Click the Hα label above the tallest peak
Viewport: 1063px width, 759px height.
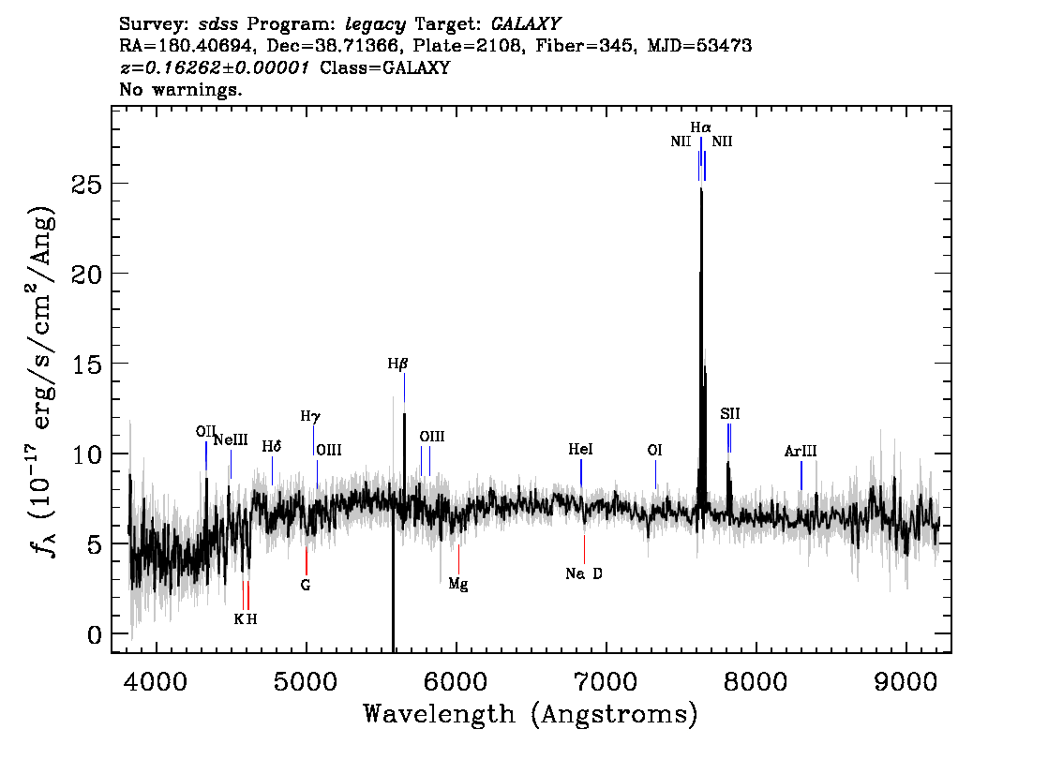(x=701, y=127)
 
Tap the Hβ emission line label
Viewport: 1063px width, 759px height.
(x=398, y=364)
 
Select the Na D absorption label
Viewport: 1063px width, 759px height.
(x=584, y=574)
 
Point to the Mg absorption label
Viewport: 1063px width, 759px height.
(x=458, y=584)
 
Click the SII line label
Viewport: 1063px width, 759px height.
(x=730, y=413)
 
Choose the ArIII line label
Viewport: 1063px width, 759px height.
(x=801, y=451)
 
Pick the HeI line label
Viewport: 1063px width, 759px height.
(x=580, y=449)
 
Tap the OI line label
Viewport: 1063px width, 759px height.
(x=654, y=450)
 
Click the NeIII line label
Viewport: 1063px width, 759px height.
(x=231, y=439)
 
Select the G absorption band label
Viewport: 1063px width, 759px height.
(x=306, y=585)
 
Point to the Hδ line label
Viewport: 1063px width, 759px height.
(x=272, y=447)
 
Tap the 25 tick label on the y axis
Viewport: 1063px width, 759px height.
(x=87, y=185)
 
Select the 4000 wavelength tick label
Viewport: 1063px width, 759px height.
(x=157, y=682)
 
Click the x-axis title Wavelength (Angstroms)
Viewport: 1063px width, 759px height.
(x=531, y=714)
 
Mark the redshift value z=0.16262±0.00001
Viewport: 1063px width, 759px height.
(x=215, y=67)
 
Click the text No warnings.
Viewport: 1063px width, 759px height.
(x=180, y=89)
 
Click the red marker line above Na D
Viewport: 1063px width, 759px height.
(x=584, y=549)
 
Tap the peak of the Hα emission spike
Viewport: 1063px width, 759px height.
(x=701, y=189)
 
